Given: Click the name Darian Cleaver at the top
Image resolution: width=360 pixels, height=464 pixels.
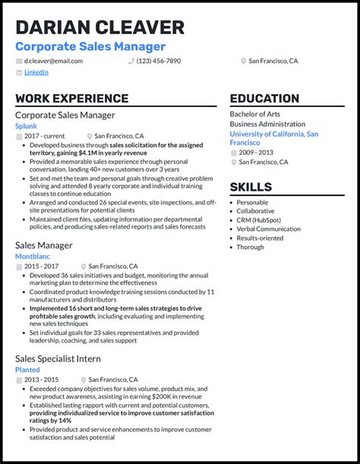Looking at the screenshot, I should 99,27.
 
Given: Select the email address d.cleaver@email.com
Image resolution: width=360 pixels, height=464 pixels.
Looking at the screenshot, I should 53,61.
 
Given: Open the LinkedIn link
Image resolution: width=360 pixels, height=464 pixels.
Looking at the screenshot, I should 36,72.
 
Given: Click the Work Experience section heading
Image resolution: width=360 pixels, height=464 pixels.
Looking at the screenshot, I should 71,99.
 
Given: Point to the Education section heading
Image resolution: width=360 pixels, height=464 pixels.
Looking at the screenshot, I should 264,99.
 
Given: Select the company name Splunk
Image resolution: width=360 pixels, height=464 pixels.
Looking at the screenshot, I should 26,126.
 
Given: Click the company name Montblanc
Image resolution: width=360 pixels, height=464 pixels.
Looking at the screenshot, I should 32,257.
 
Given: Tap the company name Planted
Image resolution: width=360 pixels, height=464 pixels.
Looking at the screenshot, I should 29,369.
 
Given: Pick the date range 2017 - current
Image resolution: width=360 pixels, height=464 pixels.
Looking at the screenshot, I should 46,136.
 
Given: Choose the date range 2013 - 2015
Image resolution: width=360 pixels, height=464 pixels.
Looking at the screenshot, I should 43,379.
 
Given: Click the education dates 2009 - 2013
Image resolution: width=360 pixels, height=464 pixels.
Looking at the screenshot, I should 257,152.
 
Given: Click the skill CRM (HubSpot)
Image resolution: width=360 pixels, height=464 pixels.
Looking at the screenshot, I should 258,219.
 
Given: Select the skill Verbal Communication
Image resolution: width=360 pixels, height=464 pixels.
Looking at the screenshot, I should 268,229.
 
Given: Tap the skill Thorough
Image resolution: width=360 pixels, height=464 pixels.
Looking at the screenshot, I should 251,247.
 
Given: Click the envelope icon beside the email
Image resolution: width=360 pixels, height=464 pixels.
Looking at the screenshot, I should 18,61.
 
